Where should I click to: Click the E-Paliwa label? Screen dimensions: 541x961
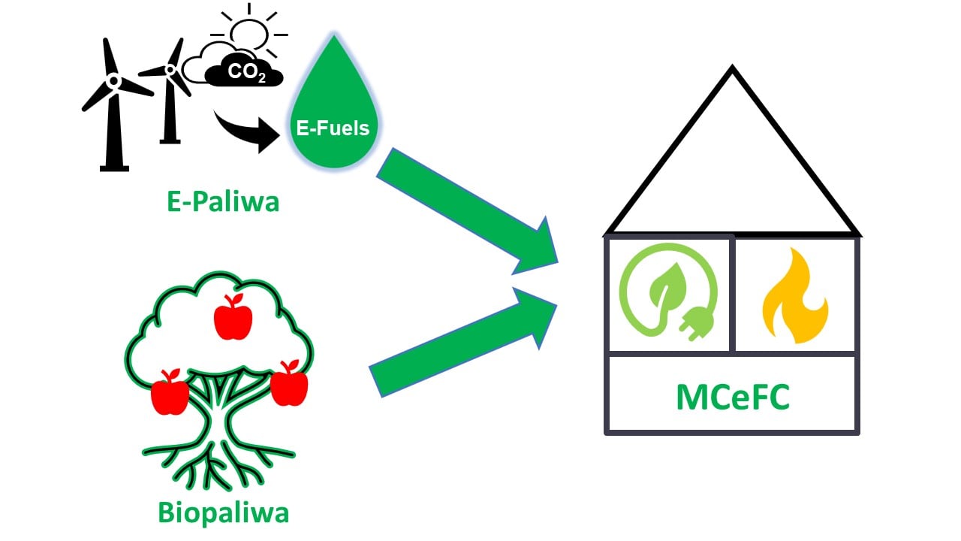222,201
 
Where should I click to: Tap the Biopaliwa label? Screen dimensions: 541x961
223,512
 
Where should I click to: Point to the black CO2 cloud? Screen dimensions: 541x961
243,74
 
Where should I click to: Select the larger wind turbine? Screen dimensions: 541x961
113,105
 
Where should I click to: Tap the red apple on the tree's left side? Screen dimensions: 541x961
170,392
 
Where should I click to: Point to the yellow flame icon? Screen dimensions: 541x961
794,296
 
